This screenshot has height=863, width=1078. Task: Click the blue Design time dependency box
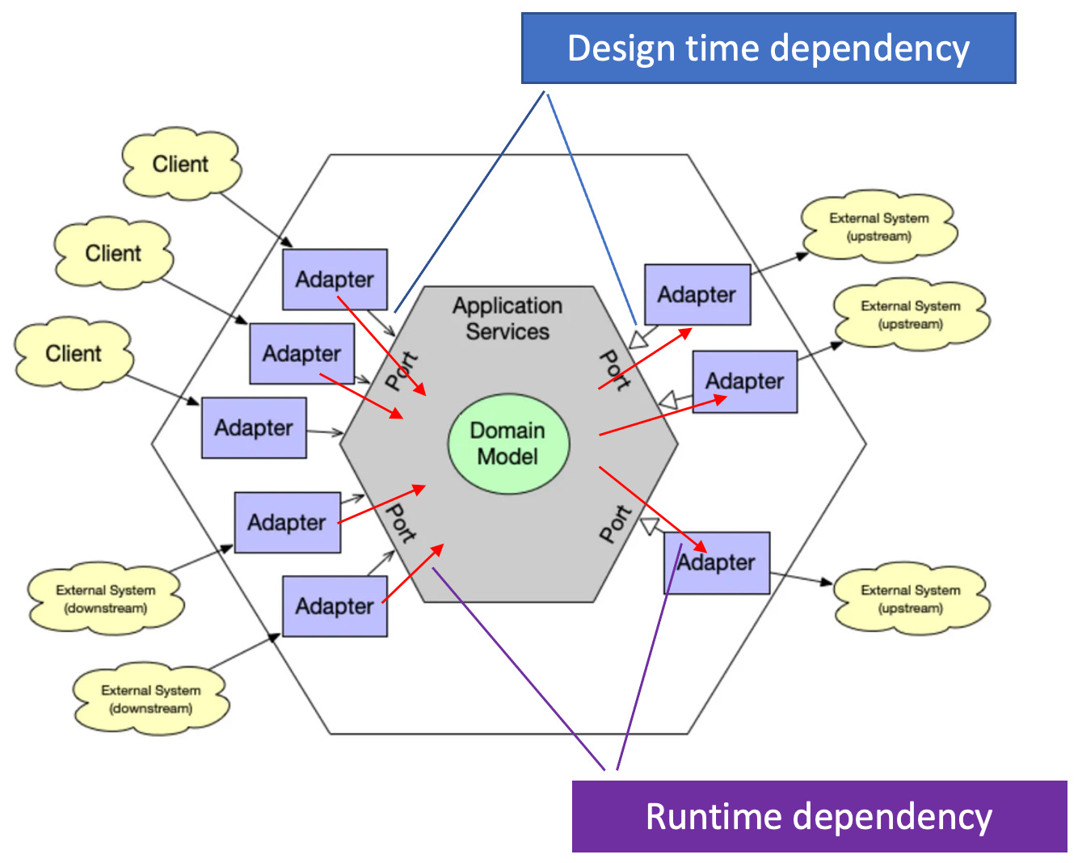[768, 48]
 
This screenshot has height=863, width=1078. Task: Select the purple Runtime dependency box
[819, 816]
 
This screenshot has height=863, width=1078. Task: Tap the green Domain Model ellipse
[508, 444]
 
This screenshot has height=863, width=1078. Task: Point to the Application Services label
[507, 318]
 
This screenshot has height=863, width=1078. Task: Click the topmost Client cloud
[181, 164]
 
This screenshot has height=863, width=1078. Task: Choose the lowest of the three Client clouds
[74, 354]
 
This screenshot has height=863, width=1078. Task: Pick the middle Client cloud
[113, 253]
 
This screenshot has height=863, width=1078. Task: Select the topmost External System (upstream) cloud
[878, 227]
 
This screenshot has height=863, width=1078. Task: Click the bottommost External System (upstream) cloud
[910, 599]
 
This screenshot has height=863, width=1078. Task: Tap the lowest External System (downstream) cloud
[150, 699]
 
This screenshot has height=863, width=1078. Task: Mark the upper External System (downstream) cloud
[105, 599]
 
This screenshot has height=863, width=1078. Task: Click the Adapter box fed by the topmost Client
[335, 280]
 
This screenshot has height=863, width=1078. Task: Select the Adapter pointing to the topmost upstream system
[697, 295]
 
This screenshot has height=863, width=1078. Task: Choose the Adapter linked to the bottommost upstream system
[717, 563]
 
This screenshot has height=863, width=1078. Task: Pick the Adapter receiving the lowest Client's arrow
[254, 428]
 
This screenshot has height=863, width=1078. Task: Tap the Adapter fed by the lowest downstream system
[335, 607]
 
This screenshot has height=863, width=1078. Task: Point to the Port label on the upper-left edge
[402, 371]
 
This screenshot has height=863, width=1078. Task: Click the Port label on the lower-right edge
[615, 524]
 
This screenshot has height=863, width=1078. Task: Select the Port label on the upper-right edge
[615, 371]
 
